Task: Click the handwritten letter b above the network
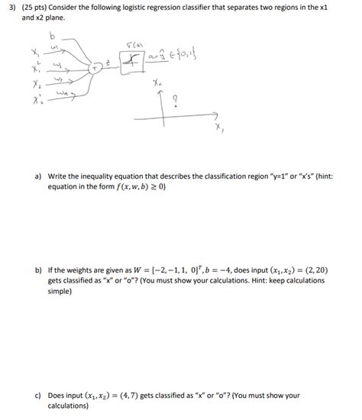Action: coord(52,36)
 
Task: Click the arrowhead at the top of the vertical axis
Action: coord(158,90)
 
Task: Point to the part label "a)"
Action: coord(37,175)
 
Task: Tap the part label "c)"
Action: coord(37,396)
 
